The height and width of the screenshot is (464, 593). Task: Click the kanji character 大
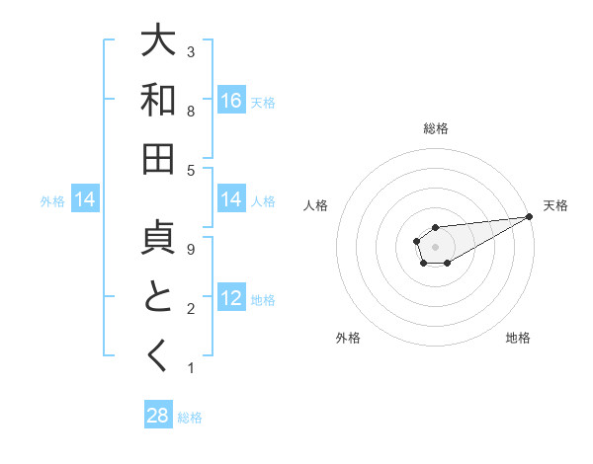[x=158, y=41]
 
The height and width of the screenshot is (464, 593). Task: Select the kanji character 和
[x=158, y=100]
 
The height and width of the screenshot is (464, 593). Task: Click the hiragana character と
[x=158, y=298]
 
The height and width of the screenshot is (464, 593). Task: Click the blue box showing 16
[x=231, y=100]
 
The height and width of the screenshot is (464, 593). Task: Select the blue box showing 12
[x=231, y=298]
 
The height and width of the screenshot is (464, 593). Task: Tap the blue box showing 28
[x=158, y=415]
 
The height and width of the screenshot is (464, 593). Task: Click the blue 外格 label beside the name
[x=52, y=200]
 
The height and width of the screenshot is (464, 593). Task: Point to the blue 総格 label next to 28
[x=190, y=417]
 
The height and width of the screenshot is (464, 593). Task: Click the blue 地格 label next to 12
[x=263, y=299]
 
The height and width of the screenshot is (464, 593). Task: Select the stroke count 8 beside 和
[x=191, y=112]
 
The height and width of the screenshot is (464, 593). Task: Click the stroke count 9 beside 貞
[x=191, y=251]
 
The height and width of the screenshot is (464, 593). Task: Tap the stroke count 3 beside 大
[x=191, y=51]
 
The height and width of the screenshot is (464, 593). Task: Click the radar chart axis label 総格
[x=436, y=129]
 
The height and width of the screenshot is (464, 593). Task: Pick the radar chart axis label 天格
[x=555, y=205]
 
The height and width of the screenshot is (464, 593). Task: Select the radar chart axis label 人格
[x=316, y=205]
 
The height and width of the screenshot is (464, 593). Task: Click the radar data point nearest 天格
[x=529, y=216]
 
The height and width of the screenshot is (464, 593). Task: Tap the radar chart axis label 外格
[x=347, y=338]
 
